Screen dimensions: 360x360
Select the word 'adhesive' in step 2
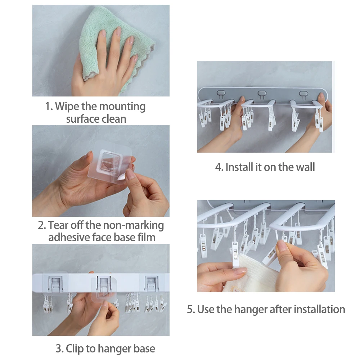click(x=69, y=237)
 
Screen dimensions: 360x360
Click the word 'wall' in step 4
click(x=305, y=167)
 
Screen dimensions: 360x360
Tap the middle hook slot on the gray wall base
click(x=262, y=94)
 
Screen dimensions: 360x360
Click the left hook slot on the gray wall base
click(x=221, y=94)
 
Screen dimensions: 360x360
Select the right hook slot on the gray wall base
click(x=303, y=94)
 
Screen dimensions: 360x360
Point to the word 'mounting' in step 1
click(x=122, y=107)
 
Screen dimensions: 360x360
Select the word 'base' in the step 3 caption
click(x=144, y=349)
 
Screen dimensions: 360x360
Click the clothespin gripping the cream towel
click(x=235, y=255)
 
